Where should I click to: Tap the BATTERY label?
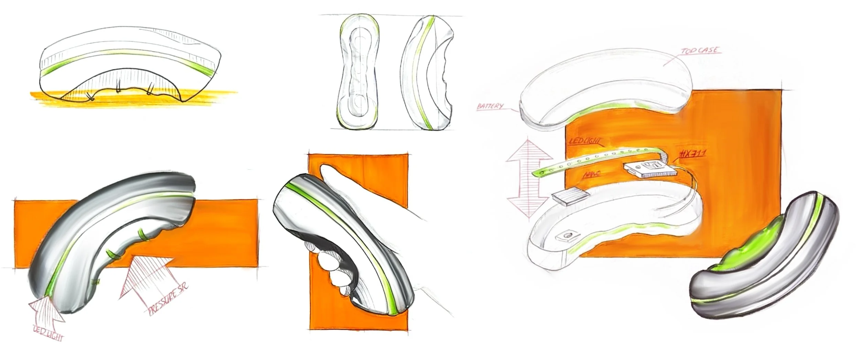click(491, 106)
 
